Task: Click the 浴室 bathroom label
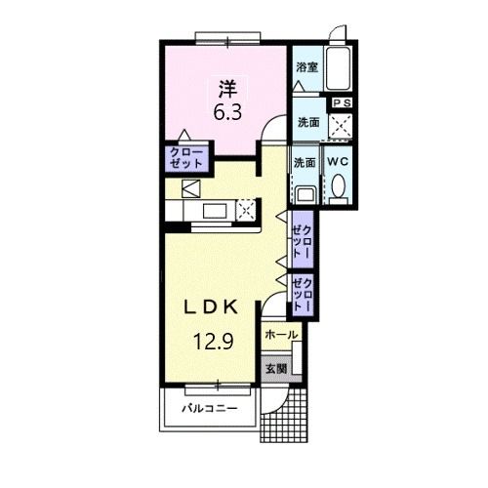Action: coord(306,67)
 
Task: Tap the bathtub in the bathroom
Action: coord(339,68)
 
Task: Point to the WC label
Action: coord(338,162)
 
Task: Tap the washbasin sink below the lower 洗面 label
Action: coord(305,195)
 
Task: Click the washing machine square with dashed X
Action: coord(341,126)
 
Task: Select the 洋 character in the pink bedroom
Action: coord(227,89)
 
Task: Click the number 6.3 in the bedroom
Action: coord(227,112)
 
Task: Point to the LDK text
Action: coord(211,307)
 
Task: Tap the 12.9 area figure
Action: coord(214,342)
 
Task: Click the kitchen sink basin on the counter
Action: coord(215,211)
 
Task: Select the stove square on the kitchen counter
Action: coord(247,210)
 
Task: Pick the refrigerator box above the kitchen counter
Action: coord(191,188)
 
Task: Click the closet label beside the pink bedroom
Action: coord(186,158)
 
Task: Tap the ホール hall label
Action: coord(281,335)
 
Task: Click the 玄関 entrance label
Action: coord(276,369)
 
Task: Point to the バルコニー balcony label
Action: coord(210,408)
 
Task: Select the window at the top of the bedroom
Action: coord(227,38)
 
